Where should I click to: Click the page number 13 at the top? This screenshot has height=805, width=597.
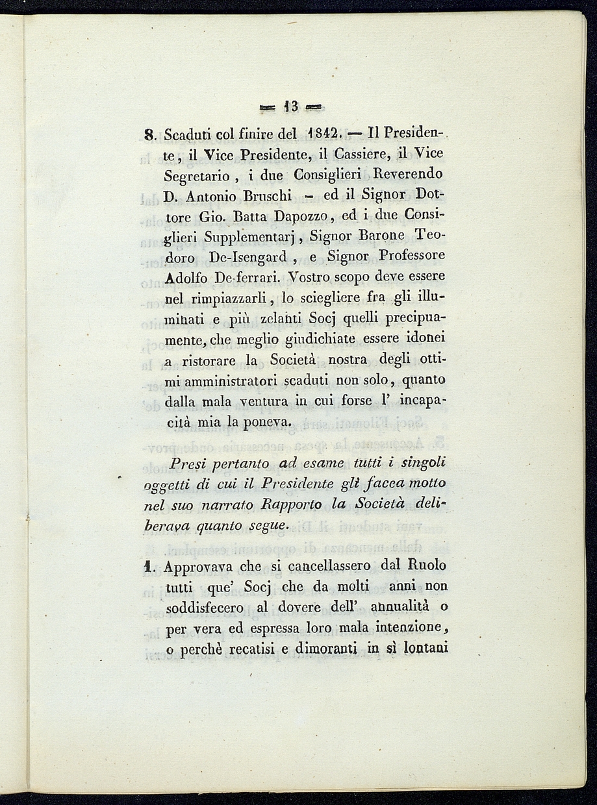point(290,106)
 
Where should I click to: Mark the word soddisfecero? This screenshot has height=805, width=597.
point(205,608)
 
